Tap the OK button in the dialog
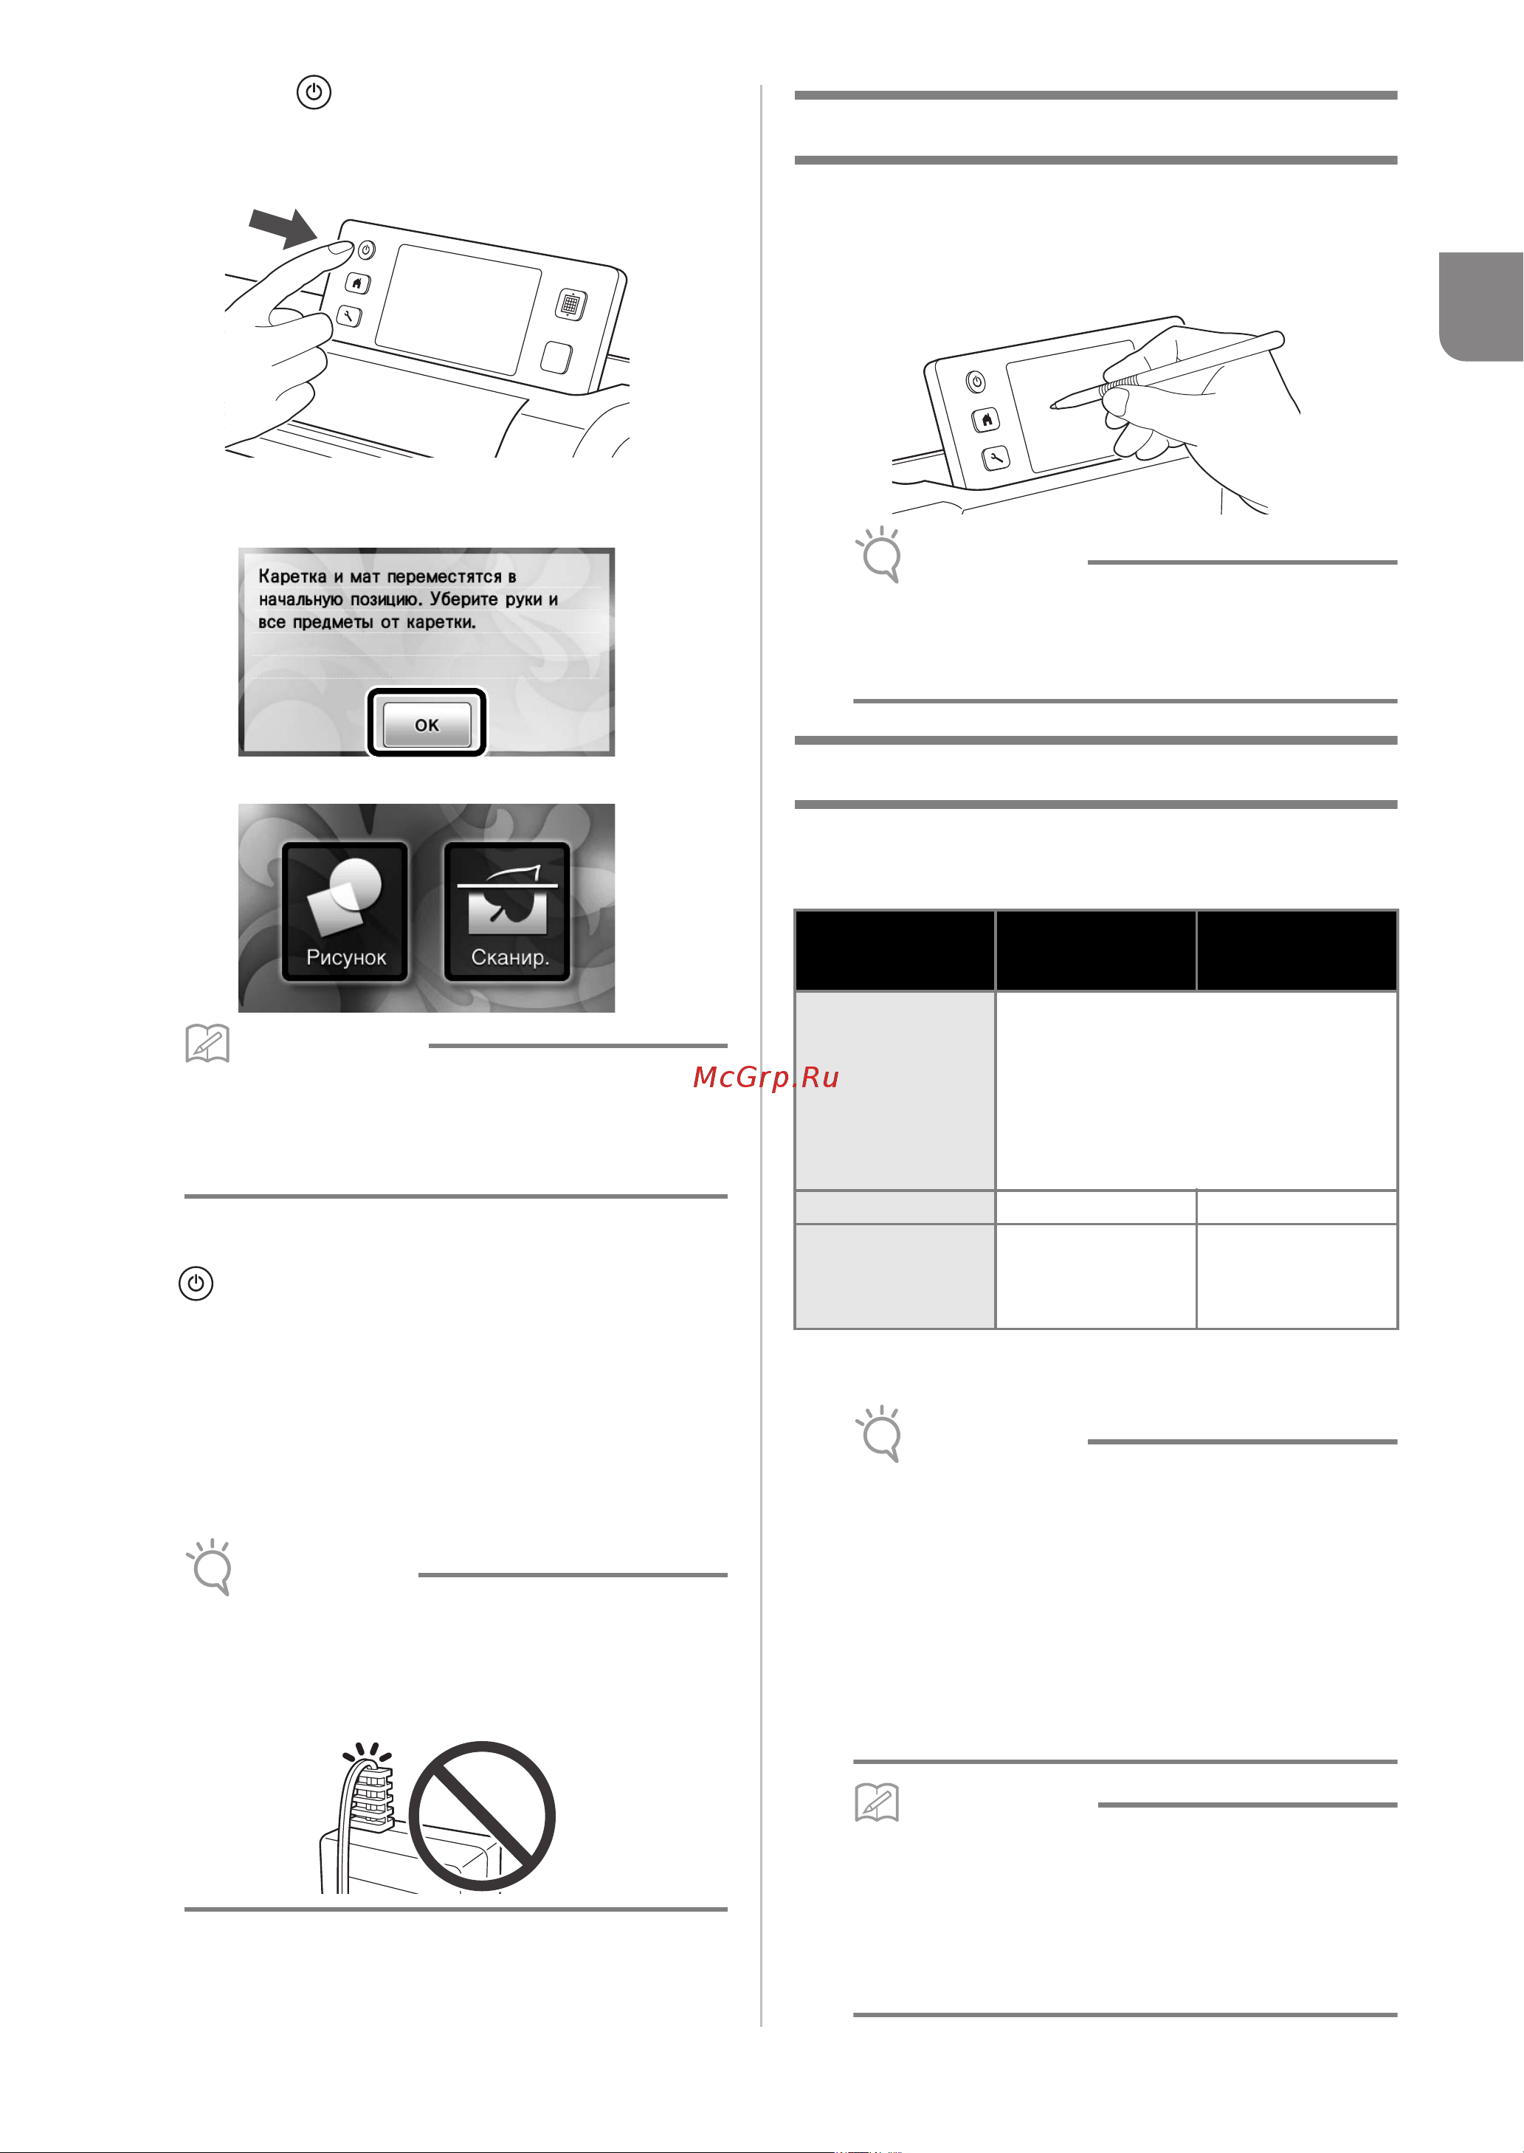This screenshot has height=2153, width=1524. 427,723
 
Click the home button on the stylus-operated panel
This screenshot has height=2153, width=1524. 985,419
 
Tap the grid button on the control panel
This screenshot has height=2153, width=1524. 570,304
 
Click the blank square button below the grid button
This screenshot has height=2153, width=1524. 556,357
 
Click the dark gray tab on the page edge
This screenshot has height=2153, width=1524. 1481,306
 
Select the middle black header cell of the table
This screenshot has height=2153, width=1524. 1095,950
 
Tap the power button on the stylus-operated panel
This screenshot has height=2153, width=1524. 976,382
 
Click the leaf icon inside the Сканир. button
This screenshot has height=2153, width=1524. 508,906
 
